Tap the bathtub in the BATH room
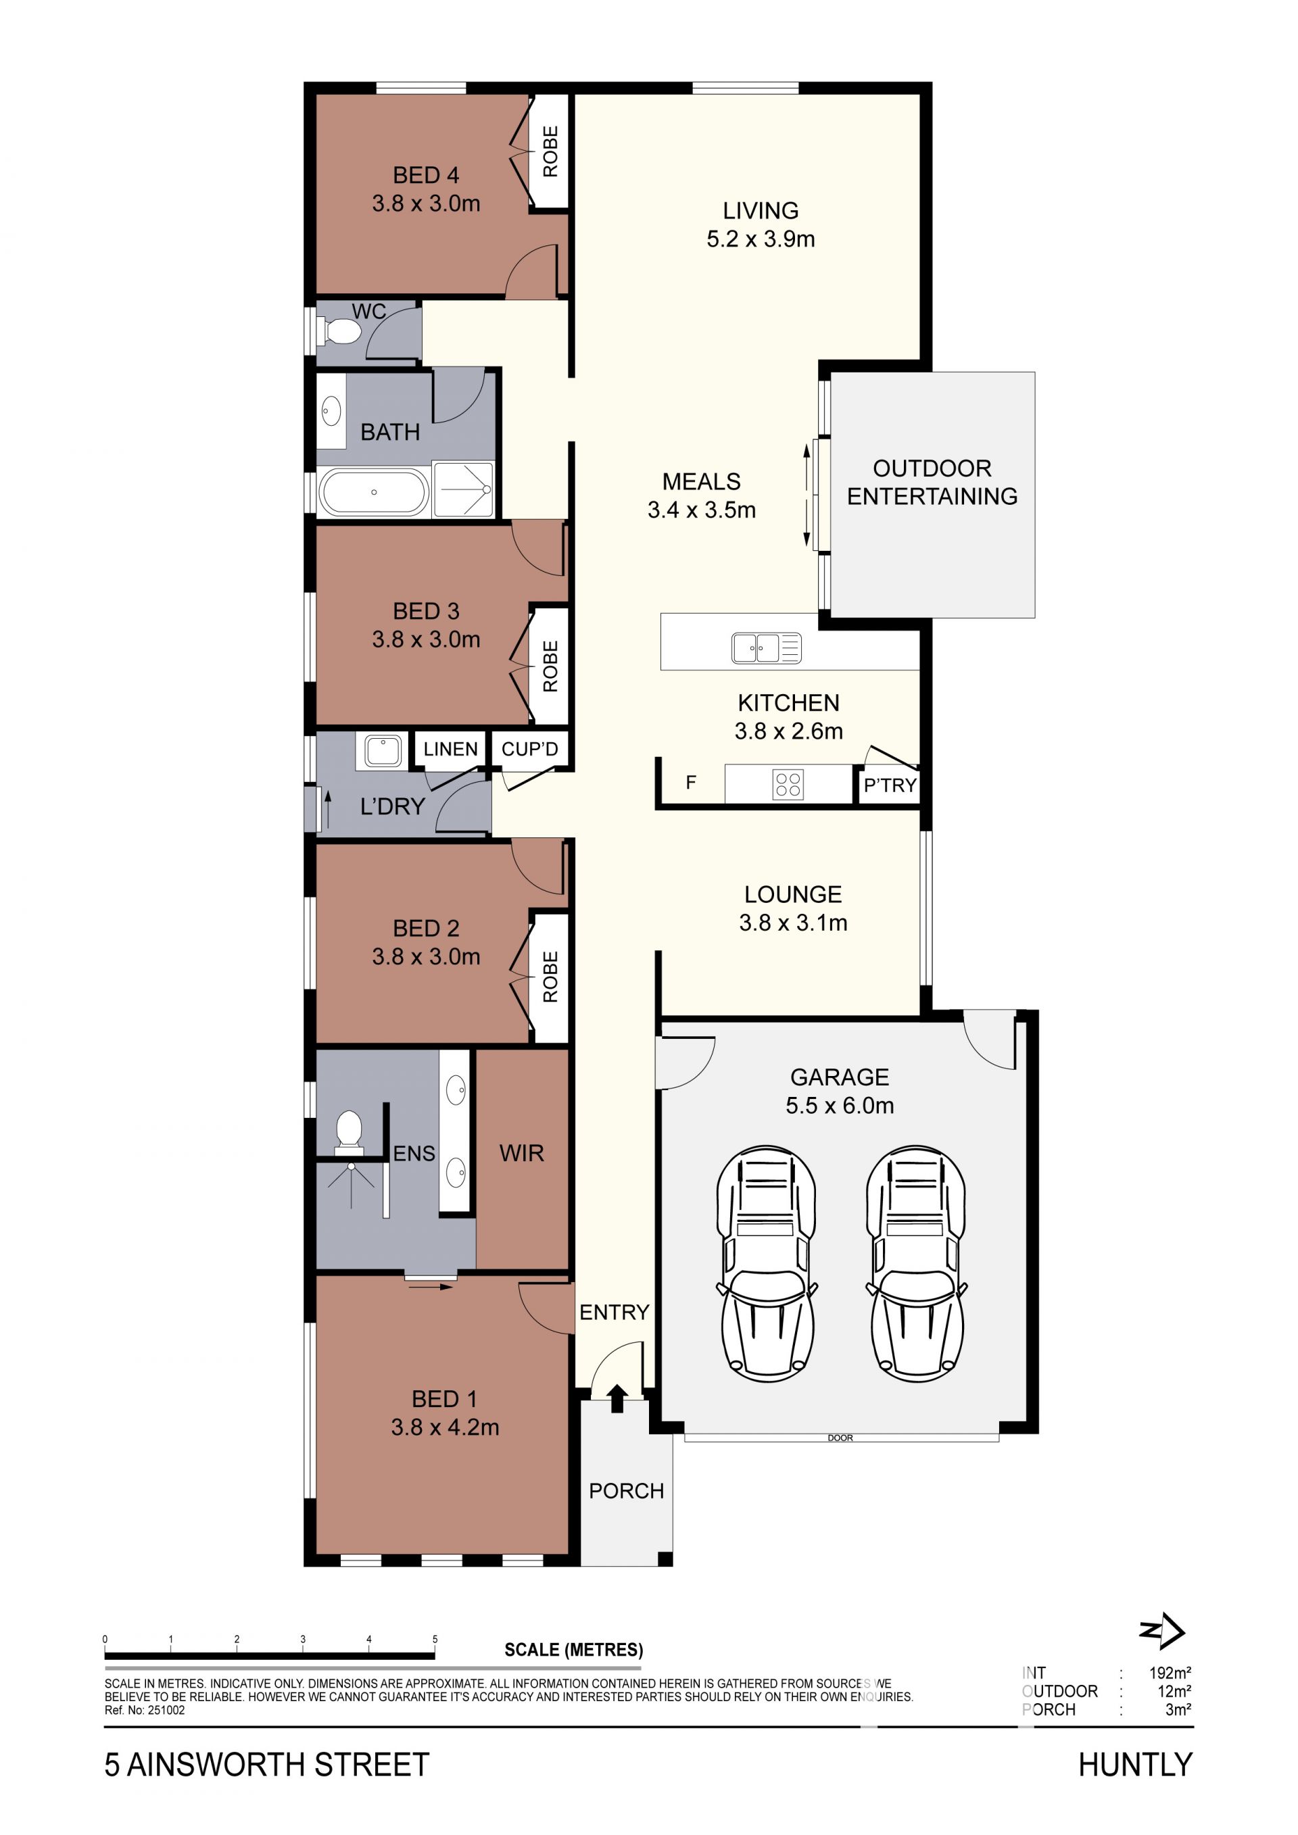[373, 492]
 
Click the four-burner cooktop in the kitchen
[788, 784]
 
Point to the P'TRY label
[890, 785]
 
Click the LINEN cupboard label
[450, 749]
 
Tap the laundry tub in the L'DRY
[383, 752]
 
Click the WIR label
[521, 1153]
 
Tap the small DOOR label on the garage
[840, 1438]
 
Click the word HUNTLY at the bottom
[1135, 1765]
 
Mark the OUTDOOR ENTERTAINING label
[932, 482]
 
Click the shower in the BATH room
[463, 489]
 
